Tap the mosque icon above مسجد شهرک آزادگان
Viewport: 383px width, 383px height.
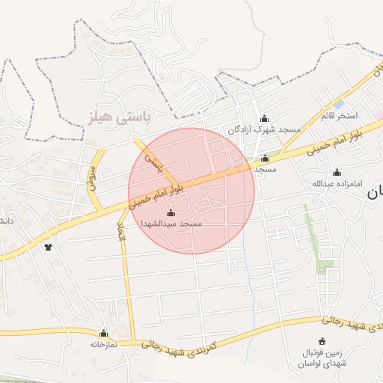click(x=263, y=119)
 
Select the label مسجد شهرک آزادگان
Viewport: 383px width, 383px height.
click(x=264, y=129)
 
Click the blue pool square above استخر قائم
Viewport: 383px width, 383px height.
click(x=339, y=105)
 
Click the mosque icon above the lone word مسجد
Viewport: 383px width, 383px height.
click(x=265, y=158)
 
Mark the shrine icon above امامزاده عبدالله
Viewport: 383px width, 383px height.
click(x=337, y=173)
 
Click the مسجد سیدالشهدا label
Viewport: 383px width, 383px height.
click(x=171, y=224)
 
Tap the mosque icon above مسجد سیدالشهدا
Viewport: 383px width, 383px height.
click(x=171, y=213)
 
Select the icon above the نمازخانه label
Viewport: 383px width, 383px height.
click(x=103, y=334)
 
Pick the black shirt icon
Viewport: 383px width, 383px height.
click(x=49, y=246)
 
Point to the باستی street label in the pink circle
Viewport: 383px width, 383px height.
click(x=153, y=162)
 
